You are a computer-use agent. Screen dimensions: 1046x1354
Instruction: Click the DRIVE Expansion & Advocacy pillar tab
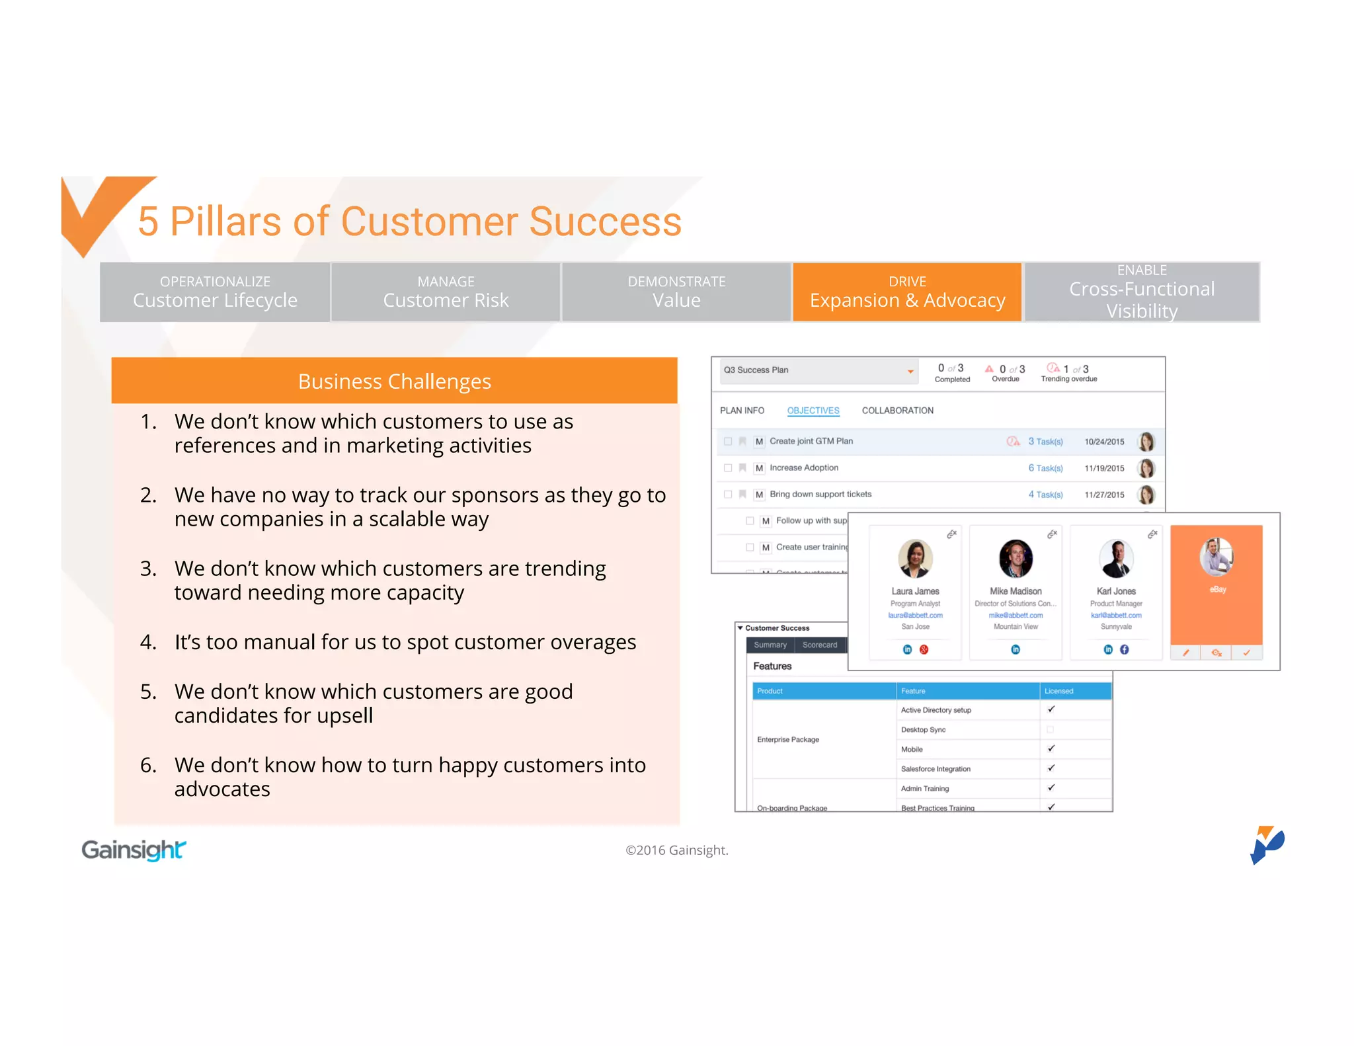coord(907,292)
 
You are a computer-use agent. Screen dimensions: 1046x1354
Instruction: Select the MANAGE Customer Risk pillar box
coord(446,292)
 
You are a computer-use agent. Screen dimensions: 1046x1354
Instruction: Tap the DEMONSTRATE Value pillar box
coord(676,292)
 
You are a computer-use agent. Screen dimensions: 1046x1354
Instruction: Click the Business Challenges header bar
coord(394,381)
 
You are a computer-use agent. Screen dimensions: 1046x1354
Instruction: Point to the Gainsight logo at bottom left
coord(134,850)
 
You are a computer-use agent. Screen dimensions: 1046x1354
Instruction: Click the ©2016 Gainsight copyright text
coord(676,850)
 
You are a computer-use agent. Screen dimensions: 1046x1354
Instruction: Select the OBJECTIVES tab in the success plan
coord(813,411)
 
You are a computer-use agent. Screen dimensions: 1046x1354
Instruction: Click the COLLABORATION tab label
coord(897,411)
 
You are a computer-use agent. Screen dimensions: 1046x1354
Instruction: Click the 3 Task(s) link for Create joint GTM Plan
coord(1045,442)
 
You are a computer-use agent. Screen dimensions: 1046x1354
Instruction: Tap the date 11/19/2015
coord(1104,468)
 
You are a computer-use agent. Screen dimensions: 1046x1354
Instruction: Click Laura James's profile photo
coord(915,558)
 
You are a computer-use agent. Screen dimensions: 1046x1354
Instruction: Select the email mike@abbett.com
coord(1015,616)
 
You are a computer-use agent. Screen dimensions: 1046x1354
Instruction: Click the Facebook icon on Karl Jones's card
coord(1125,649)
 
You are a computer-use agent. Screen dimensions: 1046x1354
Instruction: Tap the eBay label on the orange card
coord(1218,589)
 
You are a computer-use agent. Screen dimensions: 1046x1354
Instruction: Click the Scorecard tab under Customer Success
coord(820,645)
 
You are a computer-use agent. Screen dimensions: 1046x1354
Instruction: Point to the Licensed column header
coord(1058,691)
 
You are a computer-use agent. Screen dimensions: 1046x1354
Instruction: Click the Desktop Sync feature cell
coord(923,730)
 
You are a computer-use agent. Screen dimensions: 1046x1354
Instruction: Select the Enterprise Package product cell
coord(788,739)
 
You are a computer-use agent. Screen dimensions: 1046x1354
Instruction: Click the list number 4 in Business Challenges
coord(148,642)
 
